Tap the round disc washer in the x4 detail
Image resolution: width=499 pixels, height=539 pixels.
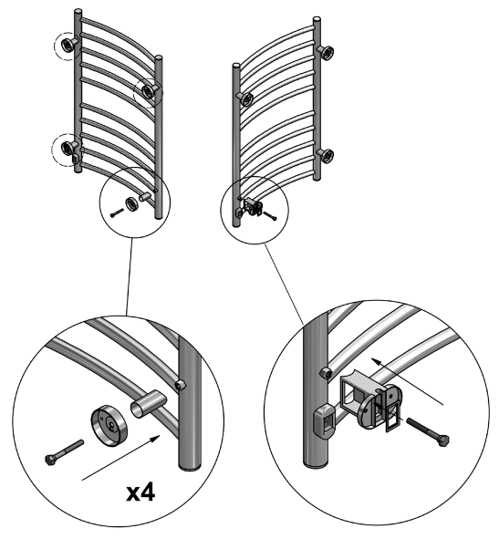[x=108, y=427]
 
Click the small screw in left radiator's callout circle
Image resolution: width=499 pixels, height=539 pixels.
[x=115, y=212]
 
